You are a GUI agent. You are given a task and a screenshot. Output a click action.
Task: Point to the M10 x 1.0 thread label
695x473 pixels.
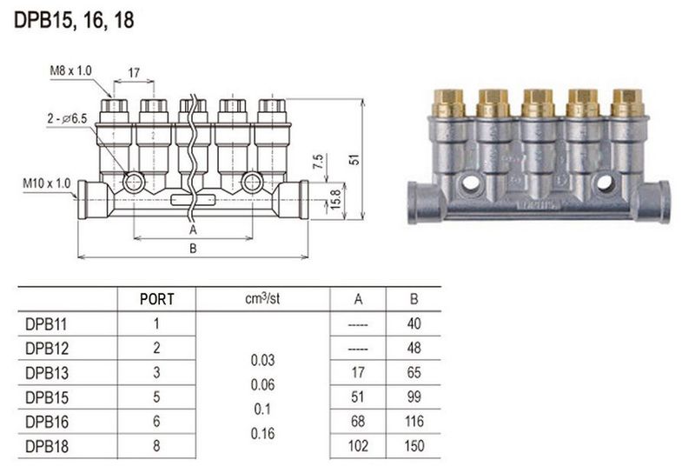[46, 183]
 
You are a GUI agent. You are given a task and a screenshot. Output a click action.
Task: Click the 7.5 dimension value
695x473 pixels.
[318, 163]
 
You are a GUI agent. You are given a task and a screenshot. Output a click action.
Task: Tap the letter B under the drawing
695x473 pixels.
[193, 248]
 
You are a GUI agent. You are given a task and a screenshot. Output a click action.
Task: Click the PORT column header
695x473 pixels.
[157, 299]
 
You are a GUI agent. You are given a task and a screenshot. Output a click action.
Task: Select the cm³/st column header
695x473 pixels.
[261, 298]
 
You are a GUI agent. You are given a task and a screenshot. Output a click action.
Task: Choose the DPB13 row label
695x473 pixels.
[48, 372]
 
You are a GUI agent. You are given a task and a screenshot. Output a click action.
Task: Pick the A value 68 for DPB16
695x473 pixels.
[358, 421]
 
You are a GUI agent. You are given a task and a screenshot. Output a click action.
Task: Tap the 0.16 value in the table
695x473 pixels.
[261, 432]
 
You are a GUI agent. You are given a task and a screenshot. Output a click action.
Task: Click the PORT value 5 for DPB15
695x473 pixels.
[157, 396]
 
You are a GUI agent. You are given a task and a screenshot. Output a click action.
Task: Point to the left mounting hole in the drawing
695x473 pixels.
[134, 183]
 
